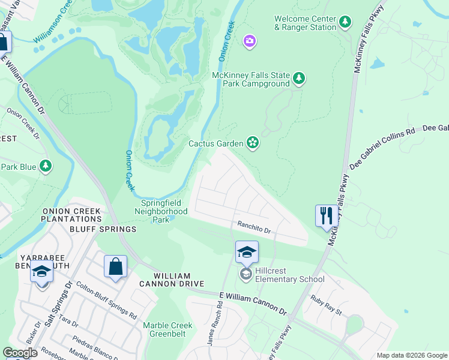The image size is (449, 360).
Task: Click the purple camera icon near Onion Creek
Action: (x=249, y=41)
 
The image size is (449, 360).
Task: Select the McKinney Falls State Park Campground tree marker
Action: (x=298, y=79)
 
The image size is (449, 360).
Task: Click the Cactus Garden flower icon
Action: (x=253, y=143)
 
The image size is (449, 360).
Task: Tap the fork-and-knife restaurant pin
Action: (x=325, y=216)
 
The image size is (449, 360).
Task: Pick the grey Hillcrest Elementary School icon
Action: (x=246, y=274)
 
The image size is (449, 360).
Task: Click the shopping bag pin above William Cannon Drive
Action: (x=115, y=266)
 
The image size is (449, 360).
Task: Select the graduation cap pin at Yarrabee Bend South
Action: (x=41, y=273)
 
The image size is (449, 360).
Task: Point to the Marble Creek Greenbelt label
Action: (x=167, y=330)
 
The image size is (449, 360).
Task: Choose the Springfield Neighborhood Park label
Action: (x=161, y=211)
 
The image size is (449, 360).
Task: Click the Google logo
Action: (x=20, y=353)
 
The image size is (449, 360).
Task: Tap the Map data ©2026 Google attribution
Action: (x=411, y=355)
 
